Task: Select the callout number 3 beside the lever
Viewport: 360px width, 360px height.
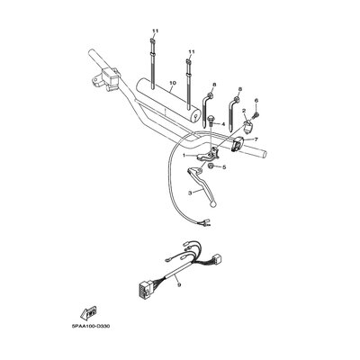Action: point(190,193)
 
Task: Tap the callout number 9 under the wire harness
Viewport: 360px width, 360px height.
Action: point(179,285)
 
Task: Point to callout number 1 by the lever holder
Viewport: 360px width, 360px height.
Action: point(185,156)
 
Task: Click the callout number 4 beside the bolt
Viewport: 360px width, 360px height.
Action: point(223,124)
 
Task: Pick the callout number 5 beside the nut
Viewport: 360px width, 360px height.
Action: point(224,166)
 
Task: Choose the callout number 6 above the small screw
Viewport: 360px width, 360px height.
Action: point(256,101)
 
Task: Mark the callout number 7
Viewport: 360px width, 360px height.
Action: point(256,139)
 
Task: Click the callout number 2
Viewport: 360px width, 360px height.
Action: point(244,111)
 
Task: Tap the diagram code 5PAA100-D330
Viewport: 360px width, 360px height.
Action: point(91,326)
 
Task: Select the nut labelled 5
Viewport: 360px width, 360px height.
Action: point(211,166)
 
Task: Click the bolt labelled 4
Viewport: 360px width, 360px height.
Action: point(210,121)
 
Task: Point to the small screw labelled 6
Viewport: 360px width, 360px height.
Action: point(256,114)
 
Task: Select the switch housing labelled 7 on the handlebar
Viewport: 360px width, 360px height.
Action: point(238,143)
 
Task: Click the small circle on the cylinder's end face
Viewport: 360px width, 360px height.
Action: point(195,114)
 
